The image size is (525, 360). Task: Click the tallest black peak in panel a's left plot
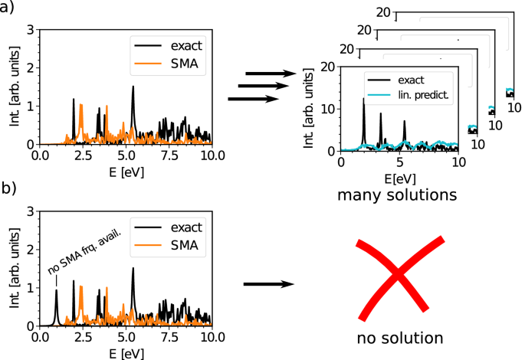click(x=133, y=88)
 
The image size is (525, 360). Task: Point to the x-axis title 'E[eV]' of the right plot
click(x=398, y=178)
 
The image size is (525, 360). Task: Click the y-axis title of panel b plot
click(x=10, y=268)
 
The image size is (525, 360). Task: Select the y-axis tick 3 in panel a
click(x=30, y=30)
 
